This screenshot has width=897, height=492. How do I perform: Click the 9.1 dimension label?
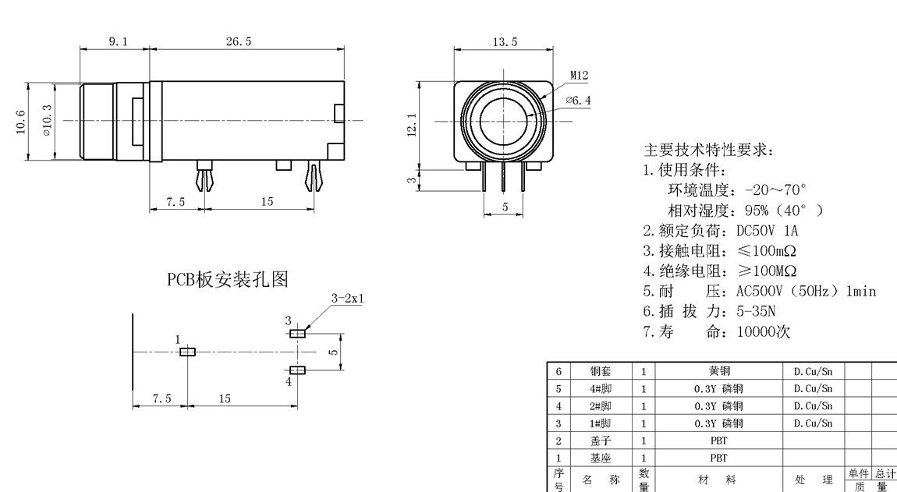point(115,41)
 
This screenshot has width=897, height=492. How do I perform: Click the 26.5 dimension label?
point(239,41)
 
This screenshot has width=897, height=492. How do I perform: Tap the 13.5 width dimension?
point(505,41)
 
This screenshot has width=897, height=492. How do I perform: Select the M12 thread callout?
point(579,76)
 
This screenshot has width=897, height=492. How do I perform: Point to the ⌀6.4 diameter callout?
point(578,101)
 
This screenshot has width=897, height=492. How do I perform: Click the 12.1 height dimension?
point(412,125)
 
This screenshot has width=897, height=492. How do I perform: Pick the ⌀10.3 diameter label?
point(48,121)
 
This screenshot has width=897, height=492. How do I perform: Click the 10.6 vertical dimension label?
point(21,122)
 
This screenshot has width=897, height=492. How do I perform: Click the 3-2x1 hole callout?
point(348,298)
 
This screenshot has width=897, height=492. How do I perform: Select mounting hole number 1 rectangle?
point(187,352)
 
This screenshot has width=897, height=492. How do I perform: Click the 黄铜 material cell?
point(718,371)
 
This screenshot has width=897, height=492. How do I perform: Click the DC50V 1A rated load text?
point(768,231)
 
